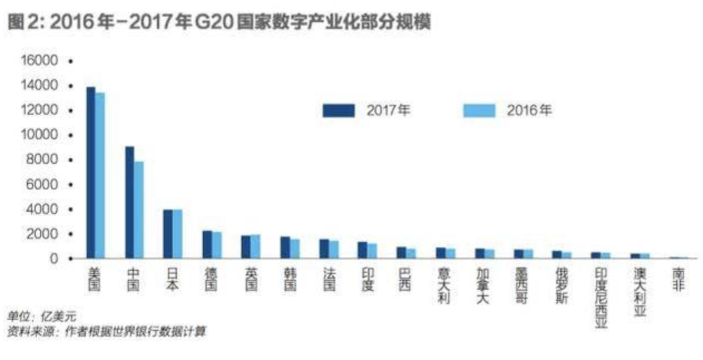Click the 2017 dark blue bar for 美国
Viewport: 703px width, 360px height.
pos(90,173)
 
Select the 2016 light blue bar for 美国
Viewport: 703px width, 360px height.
pos(100,176)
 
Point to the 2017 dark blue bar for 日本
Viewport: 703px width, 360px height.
pos(168,234)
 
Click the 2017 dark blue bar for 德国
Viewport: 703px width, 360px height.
pos(207,245)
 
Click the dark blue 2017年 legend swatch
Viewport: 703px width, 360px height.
pos(338,110)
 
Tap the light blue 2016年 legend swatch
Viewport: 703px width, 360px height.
pos(479,110)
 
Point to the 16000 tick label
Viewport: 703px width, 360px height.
pos(40,60)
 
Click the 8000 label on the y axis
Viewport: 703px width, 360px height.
pos(43,159)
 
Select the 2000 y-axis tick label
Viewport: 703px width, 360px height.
pos(43,233)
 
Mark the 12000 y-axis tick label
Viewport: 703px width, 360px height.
pos(40,110)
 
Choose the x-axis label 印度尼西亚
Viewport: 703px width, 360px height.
pos(601,298)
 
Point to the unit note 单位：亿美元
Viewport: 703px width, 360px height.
pos(42,317)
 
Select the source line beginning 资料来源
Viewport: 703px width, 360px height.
pos(106,332)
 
